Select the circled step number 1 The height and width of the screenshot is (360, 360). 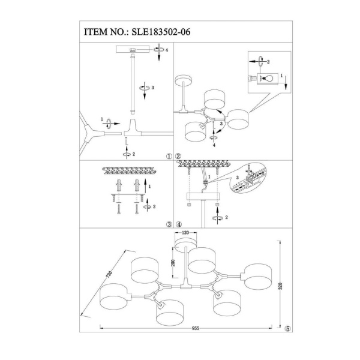169,157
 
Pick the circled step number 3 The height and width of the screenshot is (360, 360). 169,225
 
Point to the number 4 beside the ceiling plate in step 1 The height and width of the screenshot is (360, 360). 167,50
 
